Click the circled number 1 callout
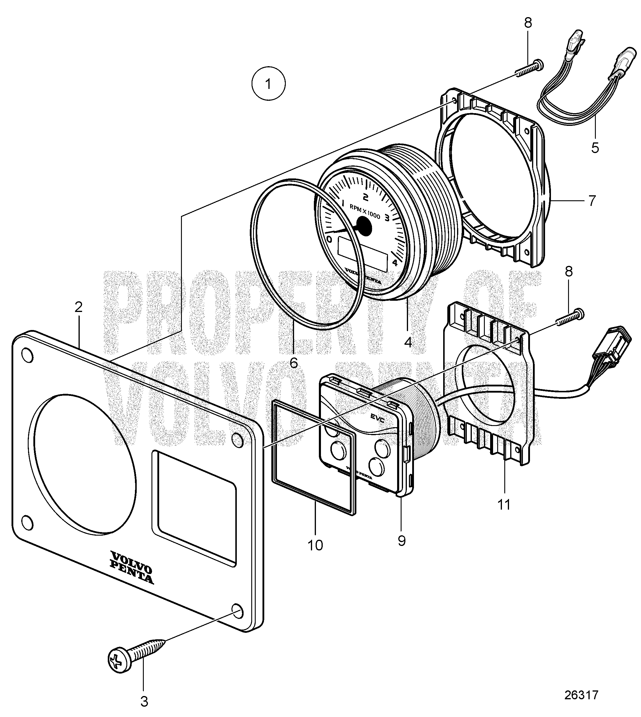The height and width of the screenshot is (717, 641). coord(268,84)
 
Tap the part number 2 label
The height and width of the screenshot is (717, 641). coord(78,307)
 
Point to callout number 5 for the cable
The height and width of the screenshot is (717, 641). coord(595,148)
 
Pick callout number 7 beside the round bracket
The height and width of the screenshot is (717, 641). coord(592,201)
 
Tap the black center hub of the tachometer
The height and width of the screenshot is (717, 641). coord(363,226)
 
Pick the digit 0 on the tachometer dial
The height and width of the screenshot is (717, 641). coord(329,240)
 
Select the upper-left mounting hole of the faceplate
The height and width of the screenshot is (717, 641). coord(27,355)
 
